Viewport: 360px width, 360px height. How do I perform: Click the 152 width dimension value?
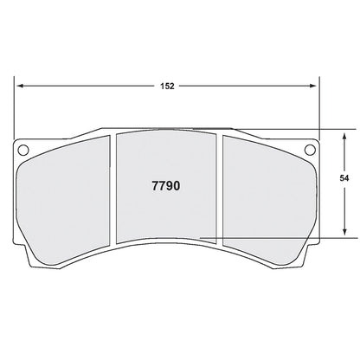tap(168, 86)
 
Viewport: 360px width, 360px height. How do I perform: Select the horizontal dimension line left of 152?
tap(87, 86)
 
